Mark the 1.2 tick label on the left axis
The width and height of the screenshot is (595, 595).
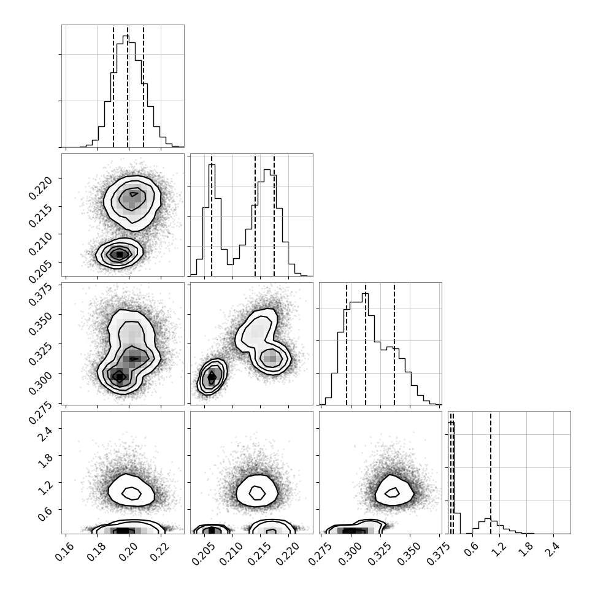[x=45, y=488]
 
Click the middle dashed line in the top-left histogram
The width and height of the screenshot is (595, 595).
[x=128, y=86]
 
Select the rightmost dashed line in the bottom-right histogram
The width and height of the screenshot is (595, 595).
[x=491, y=472]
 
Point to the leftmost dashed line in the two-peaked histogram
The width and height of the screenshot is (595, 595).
[x=212, y=215]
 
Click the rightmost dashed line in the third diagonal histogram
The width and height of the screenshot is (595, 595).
[x=394, y=344]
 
